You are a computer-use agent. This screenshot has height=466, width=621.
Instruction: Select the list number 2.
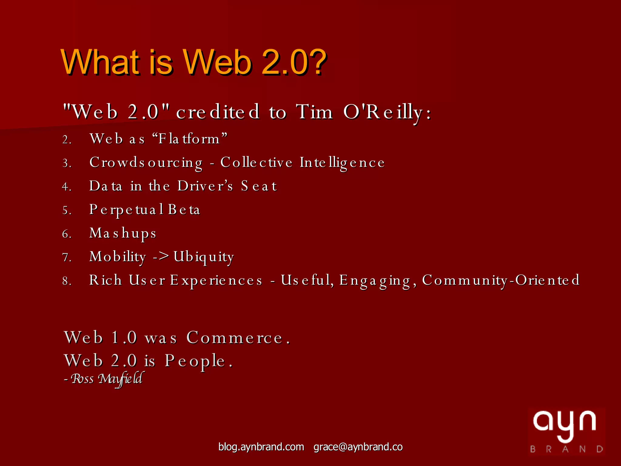coord(67,140)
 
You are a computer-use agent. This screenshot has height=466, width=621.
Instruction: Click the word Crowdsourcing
coord(146,163)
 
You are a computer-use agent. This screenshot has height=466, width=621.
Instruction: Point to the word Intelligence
coord(342,163)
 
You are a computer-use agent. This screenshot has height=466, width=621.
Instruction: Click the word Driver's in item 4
coord(205,186)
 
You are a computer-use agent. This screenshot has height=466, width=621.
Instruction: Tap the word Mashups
coord(123,233)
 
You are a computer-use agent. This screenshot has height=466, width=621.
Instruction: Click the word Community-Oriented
coord(501,280)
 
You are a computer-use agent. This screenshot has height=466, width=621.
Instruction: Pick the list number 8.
coord(67,281)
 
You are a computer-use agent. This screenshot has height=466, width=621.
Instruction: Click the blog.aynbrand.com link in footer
coord(261,447)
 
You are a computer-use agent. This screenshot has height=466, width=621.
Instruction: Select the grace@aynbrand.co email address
coord(358,447)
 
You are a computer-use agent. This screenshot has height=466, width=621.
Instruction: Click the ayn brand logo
coord(566,431)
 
